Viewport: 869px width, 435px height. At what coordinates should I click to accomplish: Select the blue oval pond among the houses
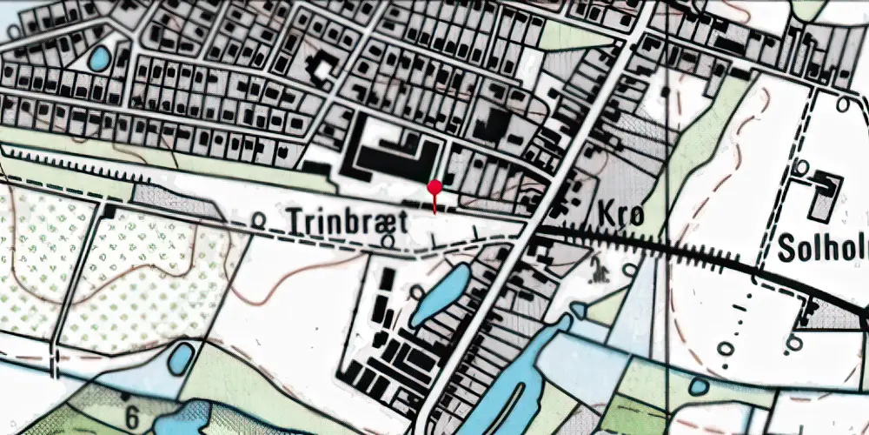[x=99, y=58]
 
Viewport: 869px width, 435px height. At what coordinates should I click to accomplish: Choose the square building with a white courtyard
[x=324, y=67]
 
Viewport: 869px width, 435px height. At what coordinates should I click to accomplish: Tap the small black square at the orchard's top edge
[x=108, y=211]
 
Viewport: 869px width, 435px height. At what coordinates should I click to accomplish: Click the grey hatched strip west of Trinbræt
[x=174, y=201]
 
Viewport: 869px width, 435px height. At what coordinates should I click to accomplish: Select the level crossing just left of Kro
[x=532, y=230]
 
